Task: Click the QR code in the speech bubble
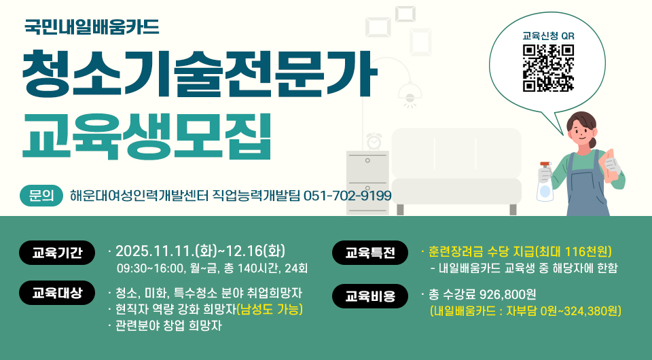(x=548, y=68)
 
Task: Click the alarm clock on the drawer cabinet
(x=374, y=141)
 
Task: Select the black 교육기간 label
(x=57, y=252)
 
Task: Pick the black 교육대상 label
(x=57, y=293)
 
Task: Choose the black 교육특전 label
(x=370, y=252)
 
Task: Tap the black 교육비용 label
(x=370, y=296)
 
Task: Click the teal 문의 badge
(x=41, y=196)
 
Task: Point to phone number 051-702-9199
(x=348, y=196)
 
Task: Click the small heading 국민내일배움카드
(x=92, y=26)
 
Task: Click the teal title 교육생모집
(x=147, y=136)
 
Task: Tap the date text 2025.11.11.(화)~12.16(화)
(x=200, y=251)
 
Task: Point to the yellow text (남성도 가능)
(x=270, y=309)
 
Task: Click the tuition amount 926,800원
(x=508, y=294)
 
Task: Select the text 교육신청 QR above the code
(x=549, y=36)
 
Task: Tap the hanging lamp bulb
(x=410, y=98)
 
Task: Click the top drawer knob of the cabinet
(x=367, y=160)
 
